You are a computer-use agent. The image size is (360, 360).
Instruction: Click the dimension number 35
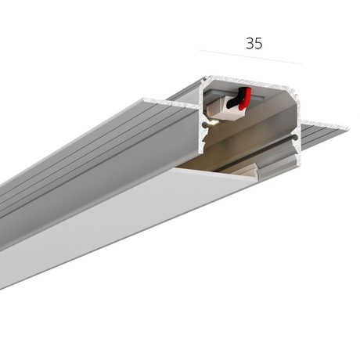(254, 43)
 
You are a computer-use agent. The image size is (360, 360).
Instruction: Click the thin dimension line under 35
(250, 57)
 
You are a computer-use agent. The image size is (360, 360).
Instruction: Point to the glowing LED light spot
(214, 123)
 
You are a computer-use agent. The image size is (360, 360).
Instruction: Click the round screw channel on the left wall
(206, 125)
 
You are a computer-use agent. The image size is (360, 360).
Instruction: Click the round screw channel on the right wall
(295, 137)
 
